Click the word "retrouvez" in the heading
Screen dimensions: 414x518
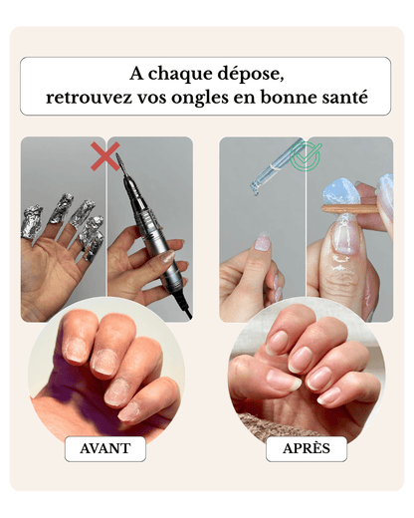89,98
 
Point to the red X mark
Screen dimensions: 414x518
105,156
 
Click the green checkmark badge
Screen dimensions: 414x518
305,156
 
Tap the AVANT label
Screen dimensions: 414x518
105,448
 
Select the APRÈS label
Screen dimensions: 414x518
307,448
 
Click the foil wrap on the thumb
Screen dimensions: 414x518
32,222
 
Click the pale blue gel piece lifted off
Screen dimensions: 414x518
338,193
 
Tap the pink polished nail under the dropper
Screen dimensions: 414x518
262,242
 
